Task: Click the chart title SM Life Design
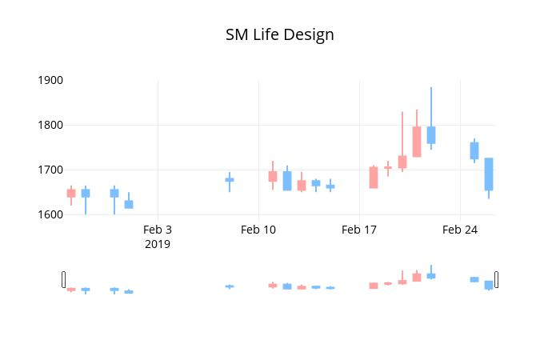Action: click(x=280, y=35)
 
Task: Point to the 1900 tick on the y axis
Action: click(x=50, y=80)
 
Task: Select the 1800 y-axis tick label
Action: click(x=50, y=125)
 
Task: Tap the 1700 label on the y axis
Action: click(x=50, y=170)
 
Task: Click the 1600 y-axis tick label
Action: click(x=50, y=214)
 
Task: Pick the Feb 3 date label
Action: click(x=158, y=230)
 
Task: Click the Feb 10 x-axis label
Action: click(x=258, y=230)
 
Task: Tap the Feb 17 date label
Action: click(x=359, y=230)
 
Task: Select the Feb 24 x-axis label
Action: click(x=460, y=230)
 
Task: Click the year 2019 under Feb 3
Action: click(x=158, y=244)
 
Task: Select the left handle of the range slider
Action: click(x=63, y=279)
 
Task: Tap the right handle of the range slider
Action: click(x=497, y=279)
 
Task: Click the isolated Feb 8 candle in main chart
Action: click(x=230, y=180)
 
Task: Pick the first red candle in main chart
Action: click(x=71, y=194)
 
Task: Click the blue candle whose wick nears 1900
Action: click(x=431, y=135)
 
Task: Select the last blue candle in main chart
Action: click(x=489, y=174)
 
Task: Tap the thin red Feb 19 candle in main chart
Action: click(x=388, y=167)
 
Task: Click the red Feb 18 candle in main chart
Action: click(x=374, y=178)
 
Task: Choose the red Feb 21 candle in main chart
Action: click(x=417, y=142)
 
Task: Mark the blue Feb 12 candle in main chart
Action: click(x=287, y=181)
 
